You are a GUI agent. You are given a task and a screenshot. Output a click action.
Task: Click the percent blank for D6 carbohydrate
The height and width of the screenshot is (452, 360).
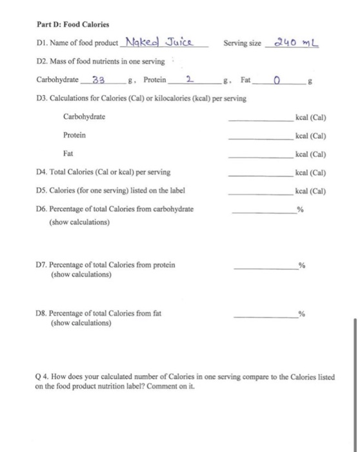point(262,211)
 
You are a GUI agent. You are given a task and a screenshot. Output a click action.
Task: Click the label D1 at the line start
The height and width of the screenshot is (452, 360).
point(41,44)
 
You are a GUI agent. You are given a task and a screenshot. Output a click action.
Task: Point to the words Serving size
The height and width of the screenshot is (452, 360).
point(242,44)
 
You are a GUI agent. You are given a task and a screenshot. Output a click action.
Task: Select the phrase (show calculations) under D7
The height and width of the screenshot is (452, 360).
point(81,274)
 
